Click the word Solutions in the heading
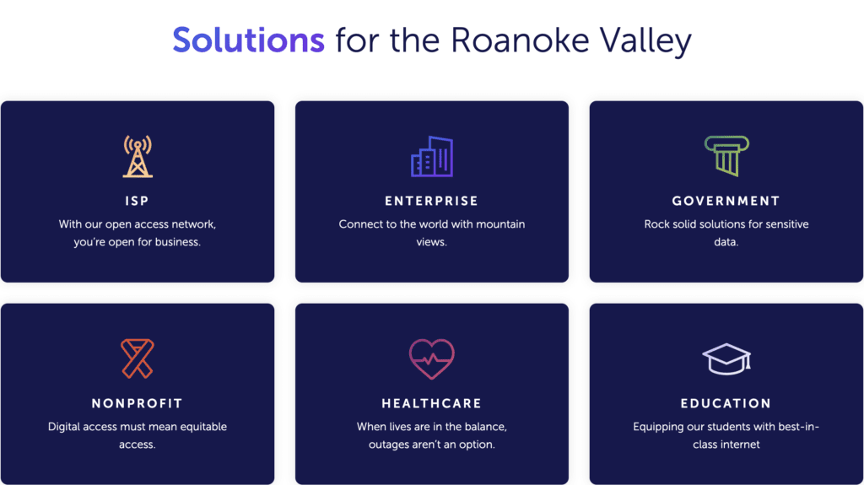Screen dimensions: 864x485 click(249, 40)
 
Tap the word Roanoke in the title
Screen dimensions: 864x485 click(520, 40)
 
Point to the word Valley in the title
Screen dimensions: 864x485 click(645, 42)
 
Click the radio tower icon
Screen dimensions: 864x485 click(138, 157)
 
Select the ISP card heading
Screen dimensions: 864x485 click(138, 201)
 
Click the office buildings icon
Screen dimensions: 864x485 click(432, 157)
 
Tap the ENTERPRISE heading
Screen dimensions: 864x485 click(431, 201)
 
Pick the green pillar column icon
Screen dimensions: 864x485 click(726, 156)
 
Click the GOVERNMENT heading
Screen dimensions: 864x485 click(726, 201)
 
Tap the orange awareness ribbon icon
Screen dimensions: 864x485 click(138, 358)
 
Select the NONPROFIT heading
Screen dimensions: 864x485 click(138, 403)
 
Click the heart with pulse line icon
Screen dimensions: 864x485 click(432, 358)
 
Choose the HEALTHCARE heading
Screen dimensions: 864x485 click(431, 403)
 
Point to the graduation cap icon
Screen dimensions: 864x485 click(726, 359)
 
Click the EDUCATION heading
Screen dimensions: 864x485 click(726, 403)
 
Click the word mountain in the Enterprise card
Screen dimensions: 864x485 click(500, 224)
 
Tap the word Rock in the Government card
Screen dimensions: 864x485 click(656, 224)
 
